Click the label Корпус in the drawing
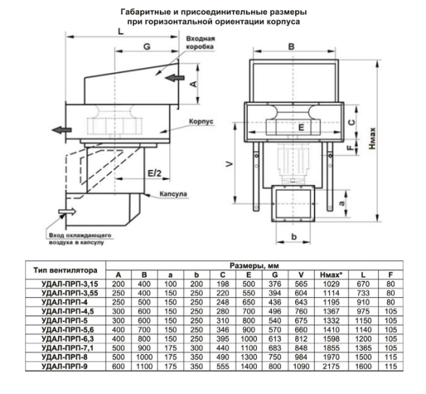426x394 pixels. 201,121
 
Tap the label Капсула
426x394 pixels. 174,194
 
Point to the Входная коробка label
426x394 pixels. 200,43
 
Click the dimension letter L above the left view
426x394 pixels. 121,32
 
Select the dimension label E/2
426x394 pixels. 154,174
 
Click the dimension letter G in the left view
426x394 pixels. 147,46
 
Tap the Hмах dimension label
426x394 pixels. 372,139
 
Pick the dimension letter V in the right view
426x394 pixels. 230,164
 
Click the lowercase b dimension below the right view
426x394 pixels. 294,237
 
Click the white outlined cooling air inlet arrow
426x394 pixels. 67,211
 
